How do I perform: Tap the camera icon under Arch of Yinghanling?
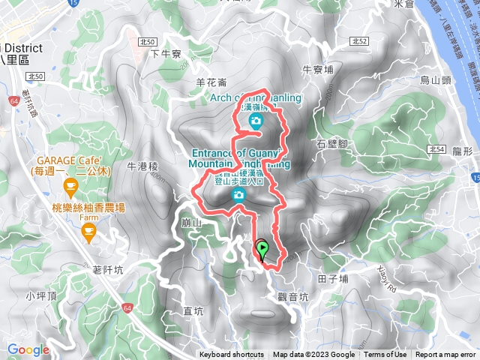pos(256,121)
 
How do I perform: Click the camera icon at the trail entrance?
pos(238,195)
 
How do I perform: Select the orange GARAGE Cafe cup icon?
pos(70,186)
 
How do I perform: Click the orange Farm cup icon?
pos(89,233)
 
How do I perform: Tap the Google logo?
pos(28,350)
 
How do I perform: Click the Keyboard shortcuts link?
pos(232,355)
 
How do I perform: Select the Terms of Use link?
pos(385,355)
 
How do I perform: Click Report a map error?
pos(445,355)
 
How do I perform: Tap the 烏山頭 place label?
pos(434,79)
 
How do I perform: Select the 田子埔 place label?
pos(333,278)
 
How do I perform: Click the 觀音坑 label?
pos(292,296)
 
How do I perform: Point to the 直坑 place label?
pos(193,310)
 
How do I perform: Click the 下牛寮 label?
pos(166,53)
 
